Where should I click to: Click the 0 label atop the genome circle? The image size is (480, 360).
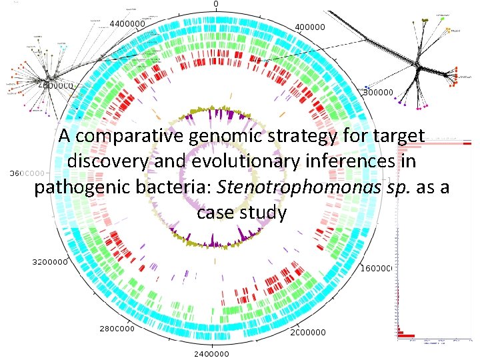[215, 4]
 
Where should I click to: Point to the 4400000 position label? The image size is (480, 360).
[126, 23]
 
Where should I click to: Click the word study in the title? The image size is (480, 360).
[265, 213]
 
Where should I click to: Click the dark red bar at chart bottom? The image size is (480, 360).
[406, 335]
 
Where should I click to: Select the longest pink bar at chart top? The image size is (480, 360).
[437, 143]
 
